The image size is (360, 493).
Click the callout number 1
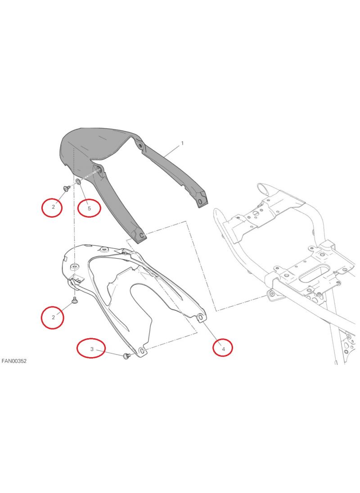pyautogui.click(x=182, y=143)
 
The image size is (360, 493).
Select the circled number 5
pyautogui.click(x=89, y=208)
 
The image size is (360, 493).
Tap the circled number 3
pyautogui.click(x=91, y=348)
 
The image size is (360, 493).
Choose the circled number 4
pyautogui.click(x=223, y=348)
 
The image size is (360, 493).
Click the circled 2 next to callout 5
pyautogui.click(x=52, y=207)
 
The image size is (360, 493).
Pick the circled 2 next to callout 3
pyautogui.click(x=53, y=317)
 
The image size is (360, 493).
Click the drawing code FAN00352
pyautogui.click(x=14, y=361)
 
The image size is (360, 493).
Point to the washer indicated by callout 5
pyautogui.click(x=78, y=181)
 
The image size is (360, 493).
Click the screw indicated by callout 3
pyautogui.click(x=127, y=356)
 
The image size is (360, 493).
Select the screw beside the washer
pyautogui.click(x=66, y=188)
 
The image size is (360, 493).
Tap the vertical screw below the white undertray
pyautogui.click(x=75, y=300)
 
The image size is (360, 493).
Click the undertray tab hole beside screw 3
pyautogui.click(x=141, y=351)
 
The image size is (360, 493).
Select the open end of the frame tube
pyautogui.click(x=262, y=189)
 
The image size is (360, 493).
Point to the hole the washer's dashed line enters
pyautogui.click(x=98, y=170)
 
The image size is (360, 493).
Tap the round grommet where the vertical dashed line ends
pyautogui.click(x=75, y=267)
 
